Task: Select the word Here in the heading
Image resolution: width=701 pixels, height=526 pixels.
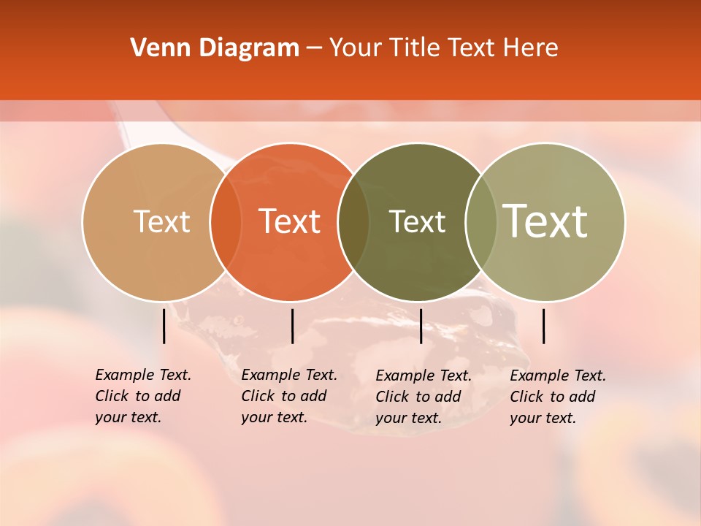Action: (x=532, y=48)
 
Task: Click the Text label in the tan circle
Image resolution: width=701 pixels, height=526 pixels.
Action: (x=161, y=221)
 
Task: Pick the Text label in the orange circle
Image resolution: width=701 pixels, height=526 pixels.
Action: (x=289, y=221)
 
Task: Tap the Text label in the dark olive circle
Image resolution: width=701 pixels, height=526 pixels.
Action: (x=417, y=221)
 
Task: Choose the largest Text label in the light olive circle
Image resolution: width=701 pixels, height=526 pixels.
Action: (x=545, y=221)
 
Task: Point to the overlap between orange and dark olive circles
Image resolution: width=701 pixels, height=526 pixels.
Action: (x=353, y=221)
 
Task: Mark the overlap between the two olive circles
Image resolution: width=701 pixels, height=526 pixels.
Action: (x=481, y=221)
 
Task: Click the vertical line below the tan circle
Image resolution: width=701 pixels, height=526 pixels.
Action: (x=164, y=326)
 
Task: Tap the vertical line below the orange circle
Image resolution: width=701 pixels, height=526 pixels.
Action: (x=292, y=326)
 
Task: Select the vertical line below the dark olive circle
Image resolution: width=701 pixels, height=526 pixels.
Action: (x=421, y=326)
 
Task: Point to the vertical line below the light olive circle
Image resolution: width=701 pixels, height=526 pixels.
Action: (x=544, y=326)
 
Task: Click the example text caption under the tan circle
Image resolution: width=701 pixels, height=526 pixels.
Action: (x=142, y=396)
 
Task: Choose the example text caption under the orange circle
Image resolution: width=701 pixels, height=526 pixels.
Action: (x=288, y=396)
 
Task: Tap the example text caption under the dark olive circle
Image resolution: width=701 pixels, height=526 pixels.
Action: (x=423, y=397)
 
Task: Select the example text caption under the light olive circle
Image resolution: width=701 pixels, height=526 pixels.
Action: (x=557, y=397)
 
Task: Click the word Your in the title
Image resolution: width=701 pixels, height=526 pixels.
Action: (x=355, y=48)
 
